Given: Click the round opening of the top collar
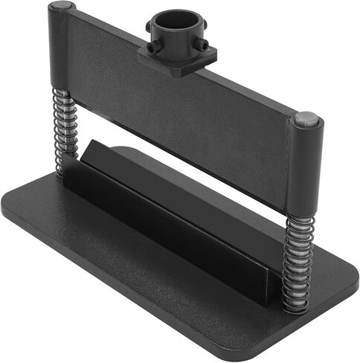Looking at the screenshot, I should coord(177,19).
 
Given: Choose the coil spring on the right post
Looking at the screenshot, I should coord(298,257).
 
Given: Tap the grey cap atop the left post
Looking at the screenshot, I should coord(61,7).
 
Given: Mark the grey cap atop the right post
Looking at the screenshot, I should coord(306,118).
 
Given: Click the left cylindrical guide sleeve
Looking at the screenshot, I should coord(61,48).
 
